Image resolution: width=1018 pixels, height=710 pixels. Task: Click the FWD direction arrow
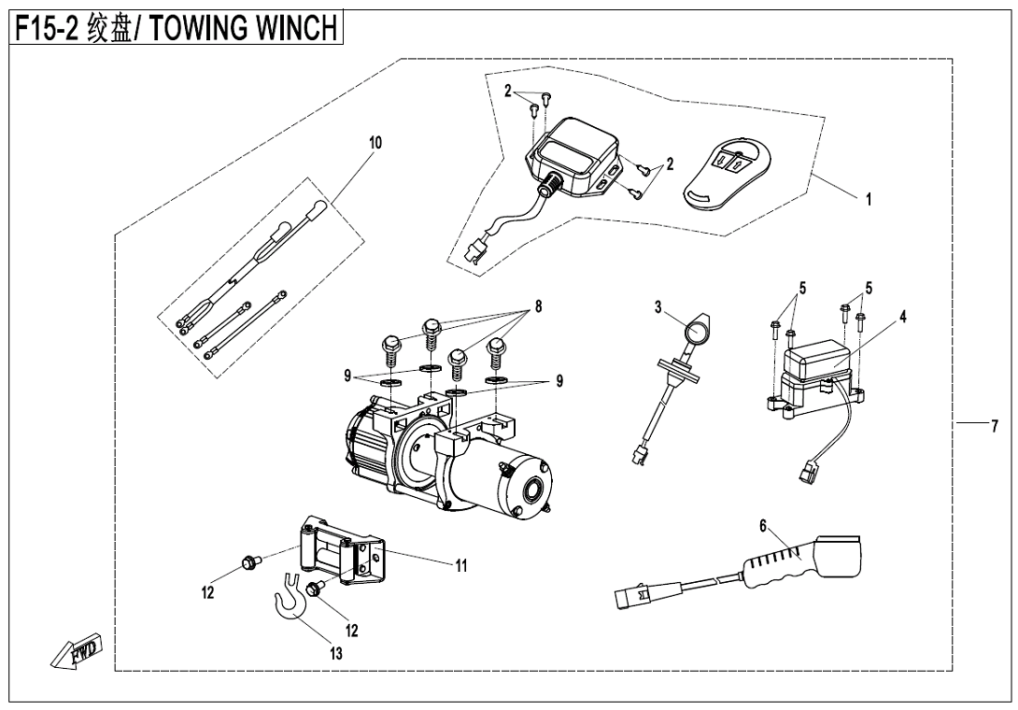click(x=78, y=653)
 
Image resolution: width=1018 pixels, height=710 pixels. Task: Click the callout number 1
click(x=870, y=199)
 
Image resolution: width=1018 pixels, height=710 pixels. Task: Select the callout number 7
click(x=997, y=424)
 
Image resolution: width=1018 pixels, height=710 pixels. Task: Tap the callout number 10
click(x=375, y=143)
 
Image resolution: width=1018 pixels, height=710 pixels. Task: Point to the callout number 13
click(x=335, y=654)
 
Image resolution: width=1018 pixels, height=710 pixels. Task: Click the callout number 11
click(x=460, y=565)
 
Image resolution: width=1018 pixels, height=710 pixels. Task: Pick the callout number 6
click(x=763, y=527)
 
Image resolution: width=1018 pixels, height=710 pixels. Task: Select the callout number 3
click(x=657, y=306)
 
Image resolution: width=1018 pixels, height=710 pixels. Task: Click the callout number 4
click(x=903, y=317)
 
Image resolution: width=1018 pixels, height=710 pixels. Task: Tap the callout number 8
click(x=538, y=305)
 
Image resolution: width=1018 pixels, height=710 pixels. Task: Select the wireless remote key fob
click(x=729, y=171)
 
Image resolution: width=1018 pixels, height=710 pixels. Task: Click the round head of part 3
click(x=696, y=333)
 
